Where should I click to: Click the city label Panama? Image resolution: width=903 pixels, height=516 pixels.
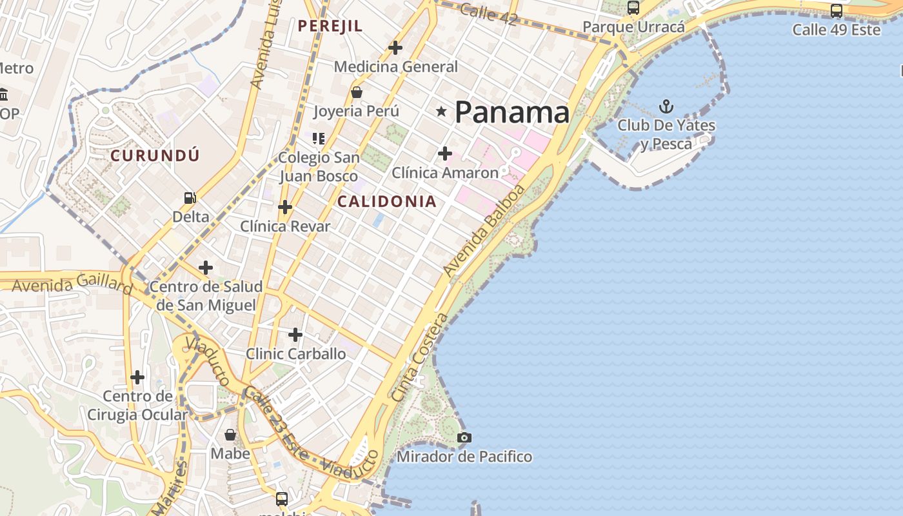[x=512, y=113]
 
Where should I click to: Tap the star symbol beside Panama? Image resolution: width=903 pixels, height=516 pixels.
[x=441, y=112]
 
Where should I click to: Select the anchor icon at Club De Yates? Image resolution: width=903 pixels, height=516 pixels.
[x=666, y=106]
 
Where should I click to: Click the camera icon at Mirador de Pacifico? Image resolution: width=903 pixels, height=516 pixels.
[x=464, y=438]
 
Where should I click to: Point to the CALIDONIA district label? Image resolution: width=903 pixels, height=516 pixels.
[x=387, y=201]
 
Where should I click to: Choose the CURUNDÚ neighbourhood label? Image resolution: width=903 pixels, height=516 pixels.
[x=155, y=155]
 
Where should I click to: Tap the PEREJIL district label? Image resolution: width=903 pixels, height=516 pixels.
[x=330, y=26]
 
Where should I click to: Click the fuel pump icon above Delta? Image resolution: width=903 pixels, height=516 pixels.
[x=190, y=198]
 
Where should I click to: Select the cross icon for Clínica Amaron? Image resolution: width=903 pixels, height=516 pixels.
[x=444, y=154]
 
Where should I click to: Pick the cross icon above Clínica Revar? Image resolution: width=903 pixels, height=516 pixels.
[x=284, y=207]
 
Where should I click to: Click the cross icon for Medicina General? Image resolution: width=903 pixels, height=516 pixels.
[x=395, y=47]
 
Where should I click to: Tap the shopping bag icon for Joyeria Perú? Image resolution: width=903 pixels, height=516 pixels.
[x=356, y=92]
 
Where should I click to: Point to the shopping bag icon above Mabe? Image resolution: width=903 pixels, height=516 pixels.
[x=230, y=435]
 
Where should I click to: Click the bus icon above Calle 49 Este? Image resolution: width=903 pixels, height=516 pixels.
[x=837, y=10]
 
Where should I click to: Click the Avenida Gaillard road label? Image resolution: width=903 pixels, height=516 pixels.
[x=72, y=283]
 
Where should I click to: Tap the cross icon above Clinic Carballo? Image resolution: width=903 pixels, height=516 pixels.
[x=295, y=335]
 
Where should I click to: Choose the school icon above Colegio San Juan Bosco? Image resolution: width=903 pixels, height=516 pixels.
[x=318, y=138]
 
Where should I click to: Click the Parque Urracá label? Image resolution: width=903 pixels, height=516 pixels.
[x=633, y=27]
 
